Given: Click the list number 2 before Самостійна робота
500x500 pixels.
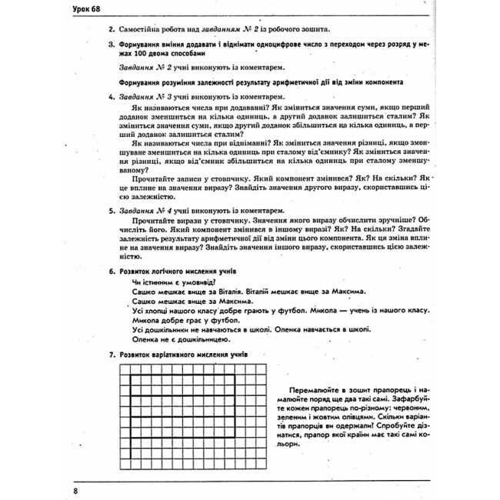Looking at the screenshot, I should click(112, 28).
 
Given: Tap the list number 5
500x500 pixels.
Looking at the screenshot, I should click(112, 210).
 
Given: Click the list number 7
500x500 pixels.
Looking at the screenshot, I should click(112, 355).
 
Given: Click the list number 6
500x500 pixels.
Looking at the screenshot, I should click(112, 272).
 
